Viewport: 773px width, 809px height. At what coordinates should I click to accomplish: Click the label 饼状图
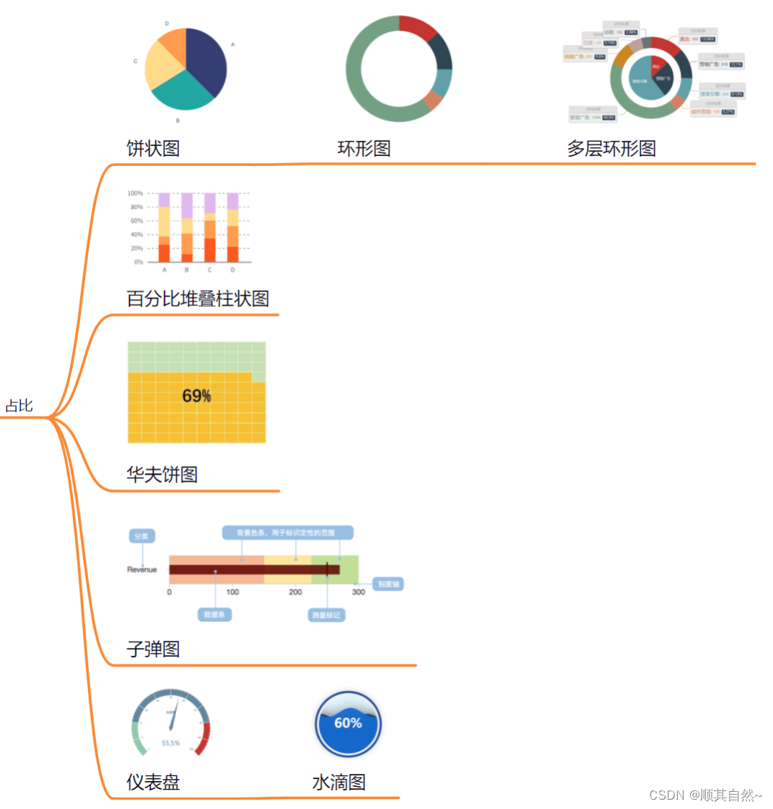tap(153, 148)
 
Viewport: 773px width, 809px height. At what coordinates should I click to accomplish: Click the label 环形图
tap(364, 148)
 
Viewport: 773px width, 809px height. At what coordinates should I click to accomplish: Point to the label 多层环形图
tap(611, 148)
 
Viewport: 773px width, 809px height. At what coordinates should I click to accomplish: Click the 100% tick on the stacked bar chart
tap(135, 193)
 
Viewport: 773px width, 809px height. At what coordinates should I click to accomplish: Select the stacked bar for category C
tap(210, 228)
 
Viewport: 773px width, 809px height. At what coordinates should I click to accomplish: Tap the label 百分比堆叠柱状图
tap(198, 299)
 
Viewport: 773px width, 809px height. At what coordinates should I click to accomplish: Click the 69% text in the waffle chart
tap(197, 396)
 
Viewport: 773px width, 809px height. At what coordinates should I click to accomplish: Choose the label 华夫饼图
tap(162, 474)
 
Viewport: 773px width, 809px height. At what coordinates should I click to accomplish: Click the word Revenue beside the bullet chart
tap(142, 570)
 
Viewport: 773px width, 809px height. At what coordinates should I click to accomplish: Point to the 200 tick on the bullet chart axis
tap(296, 592)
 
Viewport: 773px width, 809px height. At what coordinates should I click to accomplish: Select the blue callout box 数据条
tap(214, 614)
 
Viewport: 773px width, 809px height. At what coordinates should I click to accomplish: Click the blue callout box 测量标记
tap(326, 615)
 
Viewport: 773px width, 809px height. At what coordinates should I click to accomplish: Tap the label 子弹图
tap(153, 649)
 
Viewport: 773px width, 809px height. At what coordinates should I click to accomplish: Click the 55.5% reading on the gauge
tap(171, 743)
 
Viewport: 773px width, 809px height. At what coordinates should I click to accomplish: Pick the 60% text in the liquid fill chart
tap(348, 723)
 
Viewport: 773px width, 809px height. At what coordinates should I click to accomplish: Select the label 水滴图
tap(339, 782)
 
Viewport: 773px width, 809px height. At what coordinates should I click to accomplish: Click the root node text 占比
tap(19, 406)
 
